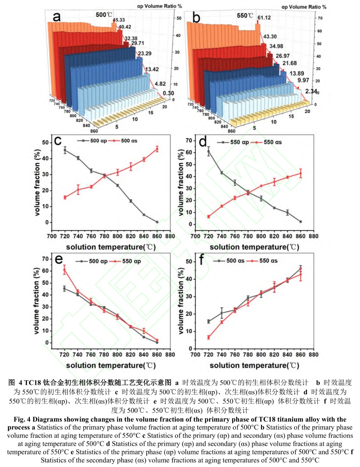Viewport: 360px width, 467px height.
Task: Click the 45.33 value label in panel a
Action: tap(119, 20)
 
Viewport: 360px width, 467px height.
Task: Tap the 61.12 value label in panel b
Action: tap(264, 18)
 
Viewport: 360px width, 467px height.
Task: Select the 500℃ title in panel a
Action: tap(104, 15)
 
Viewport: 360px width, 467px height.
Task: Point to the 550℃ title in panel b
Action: tap(245, 15)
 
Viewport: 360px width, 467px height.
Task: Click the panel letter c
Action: tap(58, 141)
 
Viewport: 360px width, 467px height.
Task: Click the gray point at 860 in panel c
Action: tap(157, 222)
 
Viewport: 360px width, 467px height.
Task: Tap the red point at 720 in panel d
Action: tap(209, 217)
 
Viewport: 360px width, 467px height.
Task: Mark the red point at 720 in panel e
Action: tap(64, 270)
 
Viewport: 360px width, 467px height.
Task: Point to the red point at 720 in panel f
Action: tap(209, 337)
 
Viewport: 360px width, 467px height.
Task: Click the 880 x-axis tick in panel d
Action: tap(314, 236)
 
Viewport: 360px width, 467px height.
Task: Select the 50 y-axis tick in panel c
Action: tap(46, 142)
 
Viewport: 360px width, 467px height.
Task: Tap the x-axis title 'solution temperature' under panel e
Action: tap(111, 365)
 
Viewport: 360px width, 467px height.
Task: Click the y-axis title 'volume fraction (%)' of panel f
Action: tap(181, 301)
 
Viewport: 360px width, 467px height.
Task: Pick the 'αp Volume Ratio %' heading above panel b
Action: tap(304, 7)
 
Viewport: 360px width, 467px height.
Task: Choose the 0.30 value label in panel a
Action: tap(168, 93)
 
